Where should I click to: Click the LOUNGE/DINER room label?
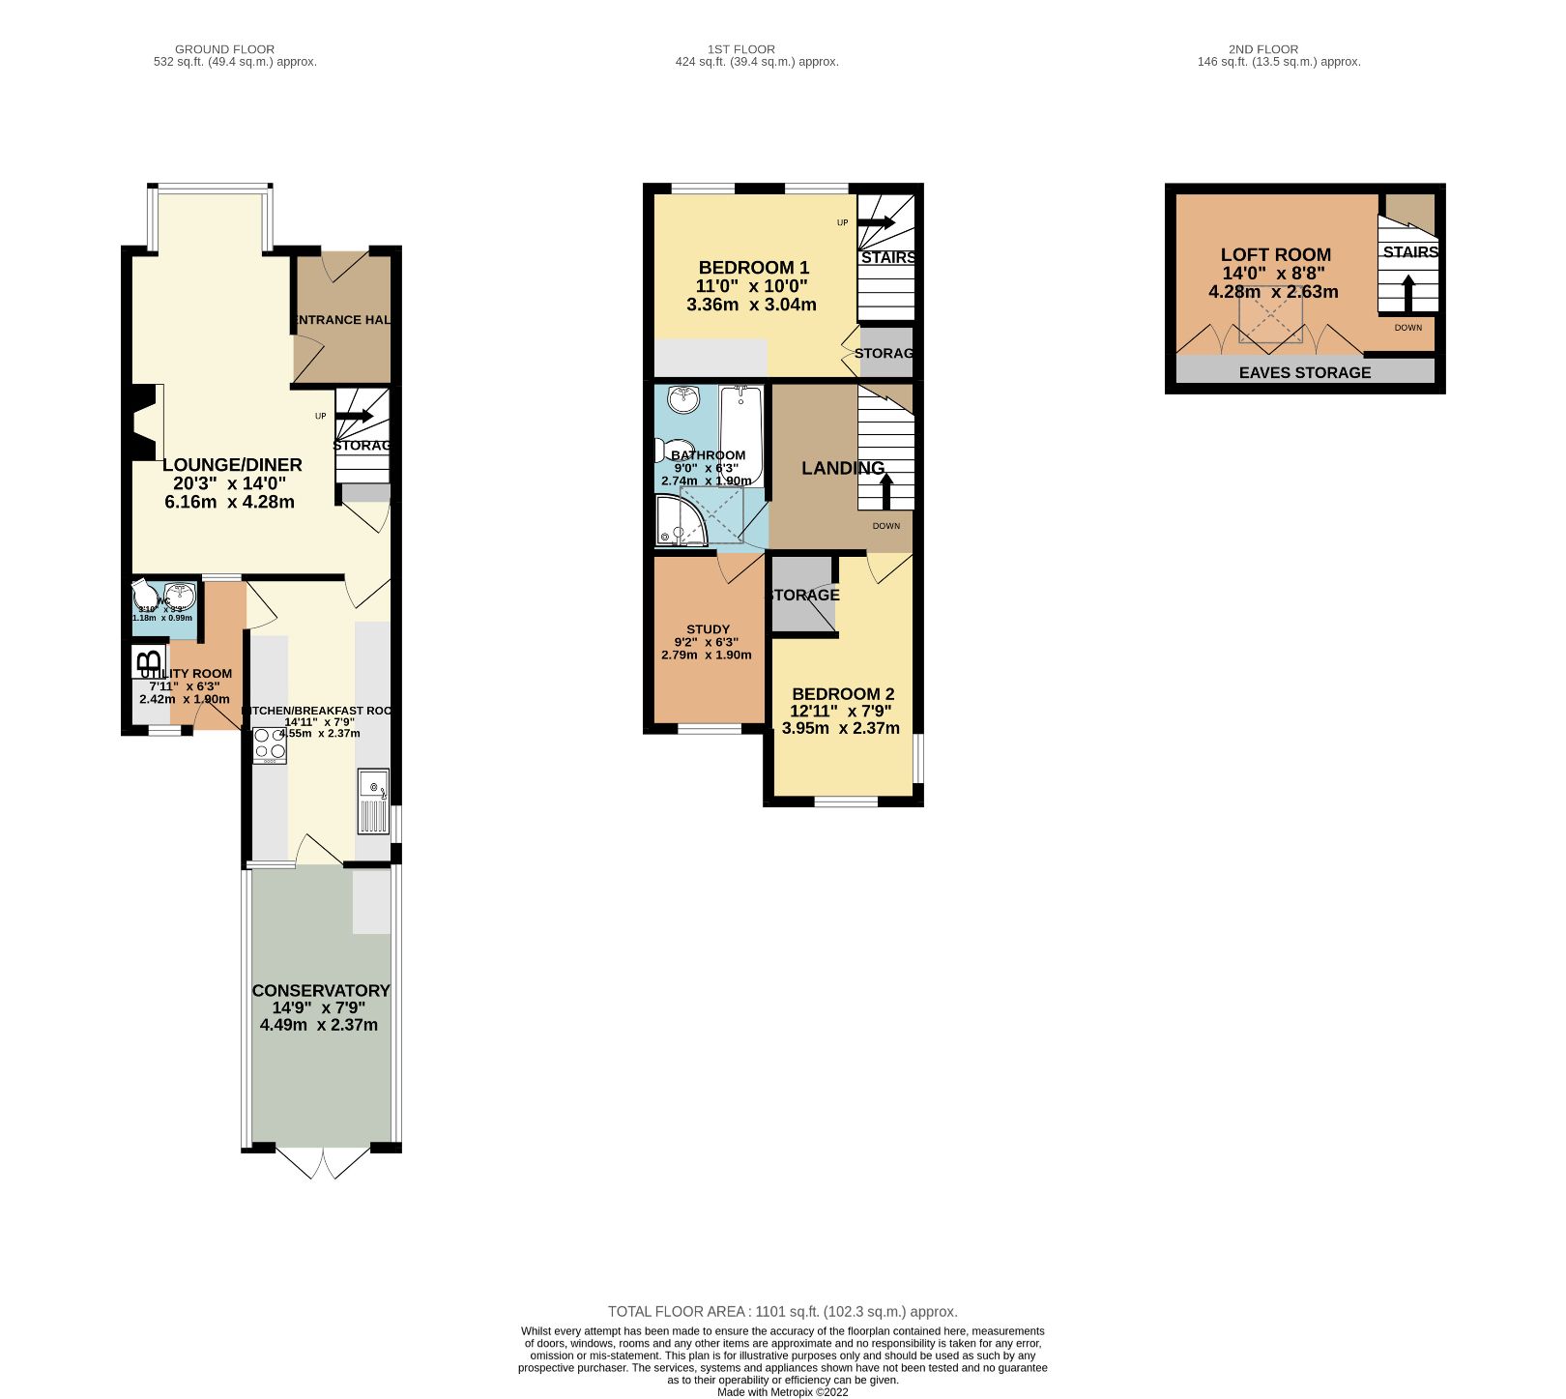tap(232, 465)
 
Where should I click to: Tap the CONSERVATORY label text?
tap(320, 991)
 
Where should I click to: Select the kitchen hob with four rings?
tap(270, 744)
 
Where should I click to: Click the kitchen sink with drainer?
tap(373, 802)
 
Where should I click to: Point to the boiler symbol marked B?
tap(148, 663)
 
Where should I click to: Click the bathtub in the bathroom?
tap(740, 435)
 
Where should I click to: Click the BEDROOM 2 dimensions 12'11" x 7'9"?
tap(839, 712)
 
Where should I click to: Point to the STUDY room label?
tap(708, 629)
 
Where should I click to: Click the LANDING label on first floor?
tap(842, 468)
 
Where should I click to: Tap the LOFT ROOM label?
tap(1275, 255)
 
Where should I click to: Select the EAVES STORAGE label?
tap(1304, 372)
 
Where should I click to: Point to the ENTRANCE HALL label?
tap(342, 320)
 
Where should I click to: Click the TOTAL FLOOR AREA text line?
tap(782, 1312)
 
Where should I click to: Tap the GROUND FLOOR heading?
tap(224, 49)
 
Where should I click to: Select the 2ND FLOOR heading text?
tap(1262, 49)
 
